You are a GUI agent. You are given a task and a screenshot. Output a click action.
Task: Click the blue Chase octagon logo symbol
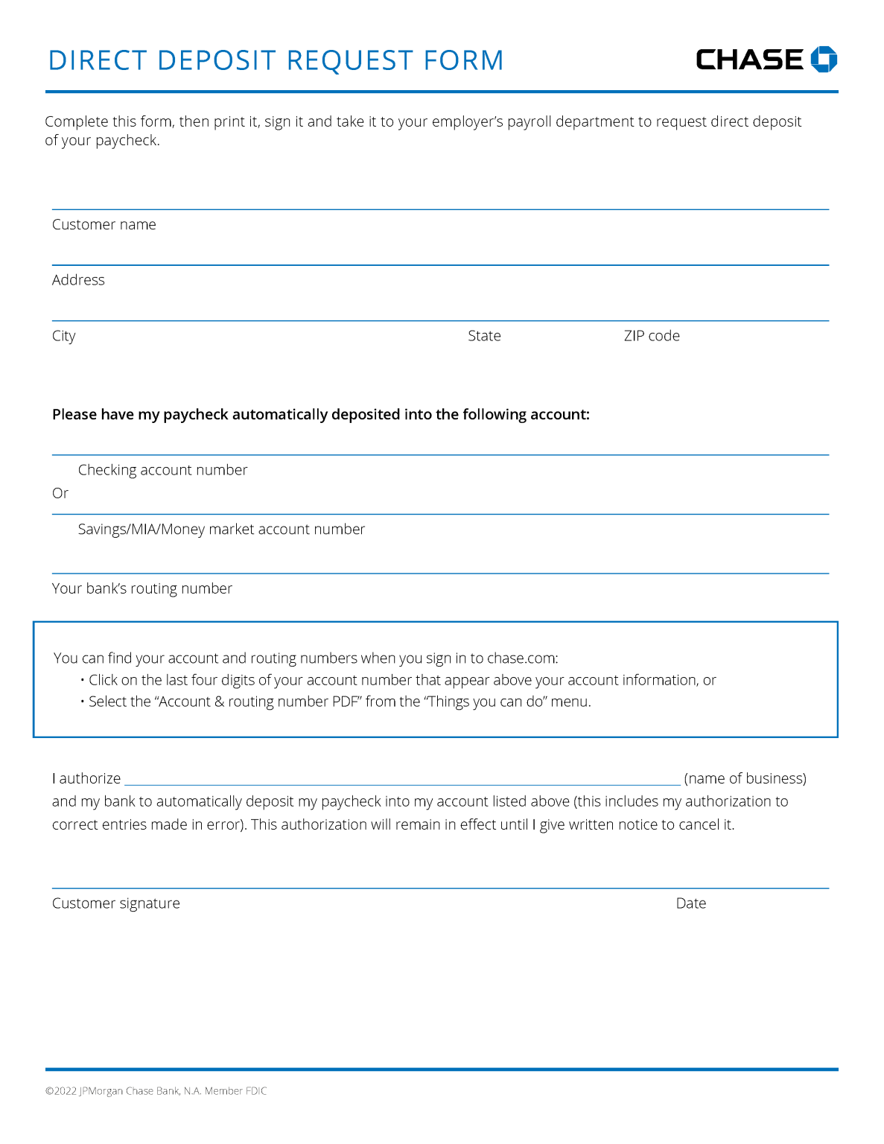[823, 59]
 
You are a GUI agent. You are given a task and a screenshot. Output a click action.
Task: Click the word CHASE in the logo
[749, 60]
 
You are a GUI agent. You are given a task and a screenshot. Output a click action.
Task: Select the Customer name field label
[104, 225]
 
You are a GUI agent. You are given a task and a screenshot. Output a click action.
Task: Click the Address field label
[78, 280]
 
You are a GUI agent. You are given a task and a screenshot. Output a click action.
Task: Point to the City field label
[64, 336]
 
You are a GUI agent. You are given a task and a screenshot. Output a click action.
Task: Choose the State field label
[484, 336]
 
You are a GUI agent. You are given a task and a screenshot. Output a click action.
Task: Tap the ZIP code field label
[652, 336]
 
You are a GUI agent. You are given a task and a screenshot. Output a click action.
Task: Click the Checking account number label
[162, 470]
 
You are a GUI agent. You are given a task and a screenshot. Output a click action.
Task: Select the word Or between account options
[60, 493]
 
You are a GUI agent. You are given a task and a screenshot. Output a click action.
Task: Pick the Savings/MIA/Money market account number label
[221, 530]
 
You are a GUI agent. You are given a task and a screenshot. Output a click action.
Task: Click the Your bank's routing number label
[142, 588]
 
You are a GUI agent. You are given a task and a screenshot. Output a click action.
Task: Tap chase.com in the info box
[521, 658]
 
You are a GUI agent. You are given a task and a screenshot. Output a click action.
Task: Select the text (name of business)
[745, 778]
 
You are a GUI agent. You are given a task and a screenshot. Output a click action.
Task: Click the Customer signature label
[116, 903]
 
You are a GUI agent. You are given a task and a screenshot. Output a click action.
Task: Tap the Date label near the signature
[691, 903]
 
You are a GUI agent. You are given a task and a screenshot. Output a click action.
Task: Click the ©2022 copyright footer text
[156, 1091]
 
